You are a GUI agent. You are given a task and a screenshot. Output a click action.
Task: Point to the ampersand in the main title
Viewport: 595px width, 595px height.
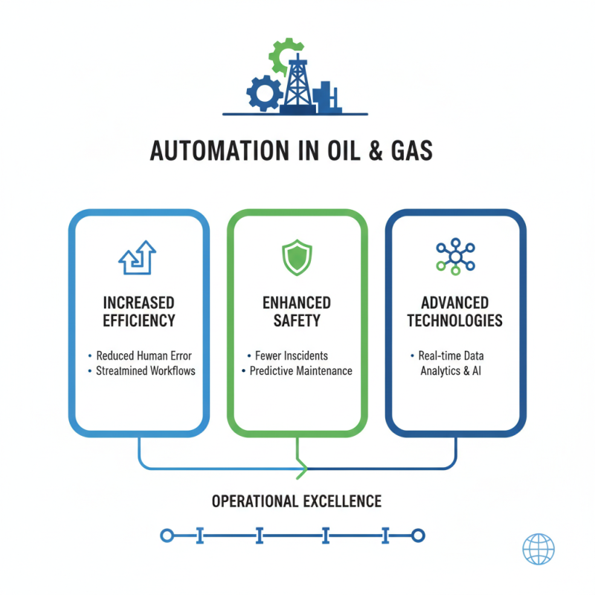pyautogui.click(x=375, y=150)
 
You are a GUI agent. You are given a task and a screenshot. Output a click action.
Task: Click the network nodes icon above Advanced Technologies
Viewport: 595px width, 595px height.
pyautogui.click(x=454, y=257)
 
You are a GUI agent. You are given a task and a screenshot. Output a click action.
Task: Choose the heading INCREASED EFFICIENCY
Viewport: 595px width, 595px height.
pyautogui.click(x=139, y=312)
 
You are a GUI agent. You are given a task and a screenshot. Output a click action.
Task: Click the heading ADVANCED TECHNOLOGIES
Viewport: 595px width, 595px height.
pyautogui.click(x=455, y=312)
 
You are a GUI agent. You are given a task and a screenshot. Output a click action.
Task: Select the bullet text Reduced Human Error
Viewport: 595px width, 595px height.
pyautogui.click(x=142, y=356)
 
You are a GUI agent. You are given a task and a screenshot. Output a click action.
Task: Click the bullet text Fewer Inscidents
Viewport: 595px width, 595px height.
pyautogui.click(x=292, y=356)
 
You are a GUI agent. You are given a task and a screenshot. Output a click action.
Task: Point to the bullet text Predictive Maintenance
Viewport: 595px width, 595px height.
pyautogui.click(x=301, y=370)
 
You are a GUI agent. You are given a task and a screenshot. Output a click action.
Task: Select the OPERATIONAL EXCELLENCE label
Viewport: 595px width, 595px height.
pyautogui.click(x=297, y=501)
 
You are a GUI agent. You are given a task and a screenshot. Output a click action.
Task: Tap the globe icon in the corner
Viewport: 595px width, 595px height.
pyautogui.click(x=538, y=550)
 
